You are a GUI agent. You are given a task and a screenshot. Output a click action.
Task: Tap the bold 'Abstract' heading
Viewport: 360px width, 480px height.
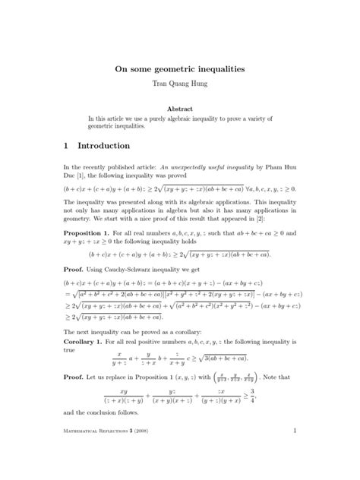[x=179, y=109]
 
